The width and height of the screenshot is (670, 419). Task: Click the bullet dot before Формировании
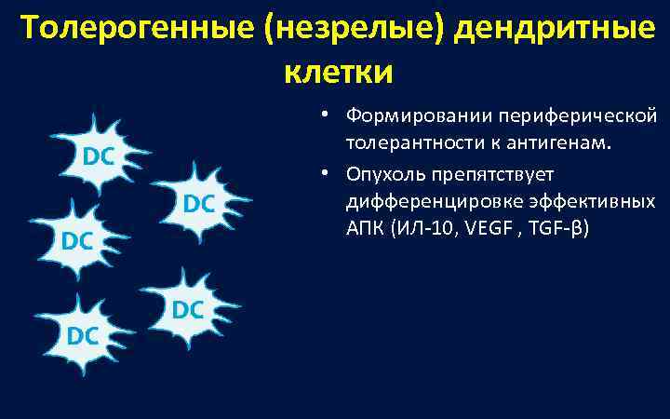point(317,115)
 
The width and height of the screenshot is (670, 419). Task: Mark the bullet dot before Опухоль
point(317,172)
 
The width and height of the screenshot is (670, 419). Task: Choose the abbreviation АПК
point(364,230)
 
